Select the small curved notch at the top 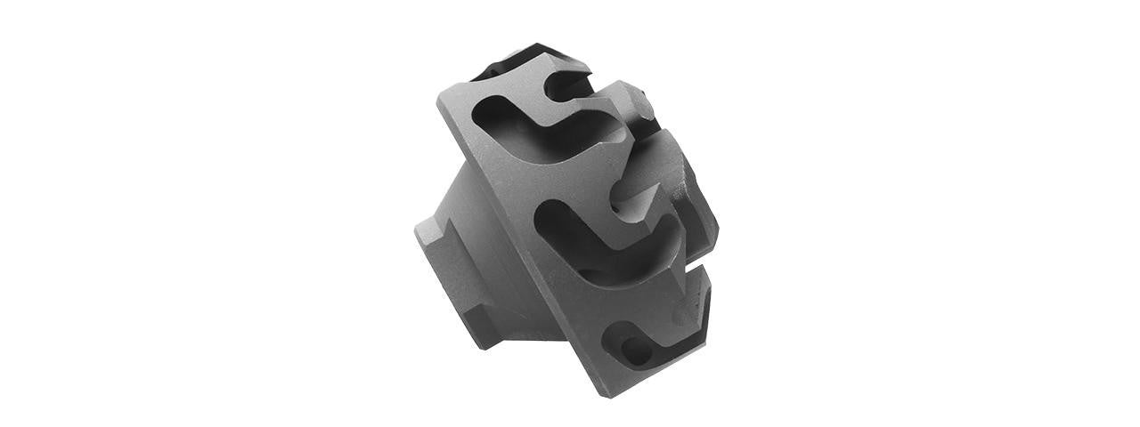click(570, 85)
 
